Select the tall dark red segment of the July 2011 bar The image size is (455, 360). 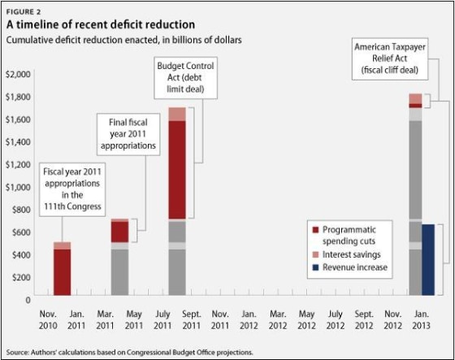coord(176,171)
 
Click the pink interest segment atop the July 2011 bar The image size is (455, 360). coord(176,114)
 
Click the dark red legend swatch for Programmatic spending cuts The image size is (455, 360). coord(314,230)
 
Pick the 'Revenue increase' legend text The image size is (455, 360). coord(355,267)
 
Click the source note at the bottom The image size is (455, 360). coord(130,352)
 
